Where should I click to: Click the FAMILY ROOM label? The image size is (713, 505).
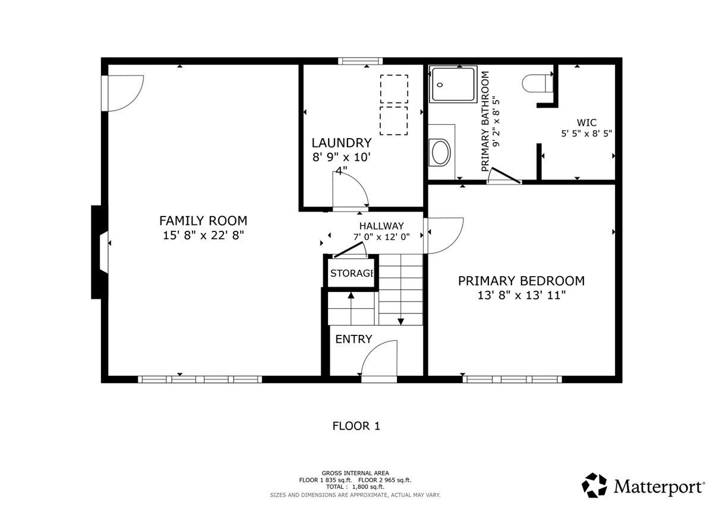[x=203, y=221]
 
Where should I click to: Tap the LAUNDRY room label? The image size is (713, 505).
[x=341, y=143]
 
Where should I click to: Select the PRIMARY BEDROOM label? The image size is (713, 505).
[x=522, y=281]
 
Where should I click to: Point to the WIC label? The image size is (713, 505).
[x=586, y=123]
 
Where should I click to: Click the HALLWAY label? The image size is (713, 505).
[x=381, y=226]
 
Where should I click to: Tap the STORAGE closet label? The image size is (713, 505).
[x=352, y=273]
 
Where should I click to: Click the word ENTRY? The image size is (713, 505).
[x=354, y=339]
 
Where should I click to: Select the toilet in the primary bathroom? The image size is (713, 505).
[x=537, y=83]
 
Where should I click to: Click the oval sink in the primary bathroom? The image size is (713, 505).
[x=440, y=152]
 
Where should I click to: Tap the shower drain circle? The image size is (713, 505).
[x=440, y=84]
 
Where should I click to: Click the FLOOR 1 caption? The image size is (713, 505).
[x=356, y=426]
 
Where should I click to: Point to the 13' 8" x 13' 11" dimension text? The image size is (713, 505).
[x=522, y=296]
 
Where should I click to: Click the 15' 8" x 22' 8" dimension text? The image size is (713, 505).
[x=203, y=236]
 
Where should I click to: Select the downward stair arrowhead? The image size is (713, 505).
[x=400, y=322]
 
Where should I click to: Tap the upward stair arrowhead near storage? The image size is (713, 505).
[x=351, y=295]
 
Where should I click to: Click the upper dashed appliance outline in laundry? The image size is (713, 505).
[x=394, y=89]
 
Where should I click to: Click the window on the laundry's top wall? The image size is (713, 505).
[x=360, y=61]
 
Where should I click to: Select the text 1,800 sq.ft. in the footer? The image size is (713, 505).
[x=368, y=487]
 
